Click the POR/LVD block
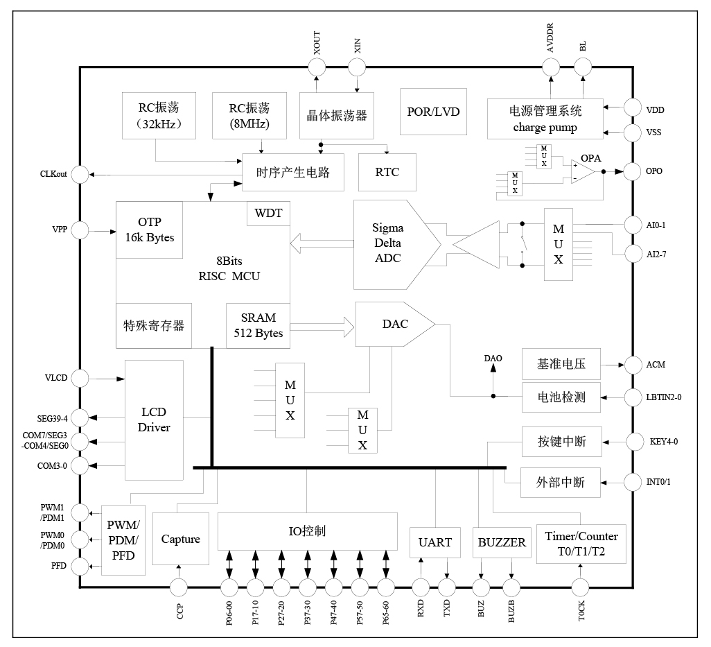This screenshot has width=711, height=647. coord(433,112)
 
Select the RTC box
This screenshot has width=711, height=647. coord(387,172)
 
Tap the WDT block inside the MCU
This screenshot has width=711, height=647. coord(268,214)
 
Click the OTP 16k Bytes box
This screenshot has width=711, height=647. coord(149,230)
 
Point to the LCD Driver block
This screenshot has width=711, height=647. coord(154,419)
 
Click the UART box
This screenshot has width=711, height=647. coord(435,543)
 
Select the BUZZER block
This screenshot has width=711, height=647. coord(502,543)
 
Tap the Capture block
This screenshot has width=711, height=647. coord(180,540)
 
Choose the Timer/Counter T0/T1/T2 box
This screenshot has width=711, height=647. coord(581,544)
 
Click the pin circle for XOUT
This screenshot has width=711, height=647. coord(316,67)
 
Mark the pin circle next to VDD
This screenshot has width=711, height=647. coord(634,107)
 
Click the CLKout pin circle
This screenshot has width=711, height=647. coord(80,174)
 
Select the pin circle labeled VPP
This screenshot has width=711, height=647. coord(80,230)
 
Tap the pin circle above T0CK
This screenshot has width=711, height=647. coord(581,587)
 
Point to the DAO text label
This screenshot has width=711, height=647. coord(493,358)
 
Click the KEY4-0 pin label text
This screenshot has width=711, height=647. coord(665,442)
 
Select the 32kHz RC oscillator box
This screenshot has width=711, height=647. coord(157,115)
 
